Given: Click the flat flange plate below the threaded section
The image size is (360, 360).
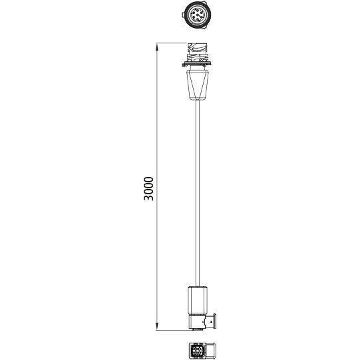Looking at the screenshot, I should coord(198,64).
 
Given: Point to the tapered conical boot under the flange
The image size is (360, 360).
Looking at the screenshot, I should coord(198,85).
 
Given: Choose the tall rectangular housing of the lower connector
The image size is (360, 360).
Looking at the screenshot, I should coord(198,299).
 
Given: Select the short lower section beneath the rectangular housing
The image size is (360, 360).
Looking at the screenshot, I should coord(198,321).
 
